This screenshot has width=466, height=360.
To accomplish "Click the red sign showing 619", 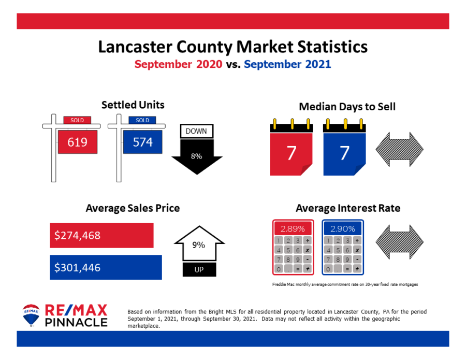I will (78, 142).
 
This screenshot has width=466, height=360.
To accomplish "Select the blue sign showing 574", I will (142, 142).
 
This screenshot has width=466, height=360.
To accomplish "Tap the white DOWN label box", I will (196, 132).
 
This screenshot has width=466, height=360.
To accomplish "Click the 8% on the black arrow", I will (196, 156).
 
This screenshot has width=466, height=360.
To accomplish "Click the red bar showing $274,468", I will (101, 235).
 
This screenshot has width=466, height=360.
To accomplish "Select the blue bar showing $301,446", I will (106, 267).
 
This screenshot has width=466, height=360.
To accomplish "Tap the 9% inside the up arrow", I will (199, 244).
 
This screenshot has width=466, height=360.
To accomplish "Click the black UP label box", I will (199, 270).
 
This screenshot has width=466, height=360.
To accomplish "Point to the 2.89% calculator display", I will (293, 228).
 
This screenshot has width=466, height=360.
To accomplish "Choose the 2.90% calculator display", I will (343, 228).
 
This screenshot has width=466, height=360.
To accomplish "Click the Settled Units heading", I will (133, 105).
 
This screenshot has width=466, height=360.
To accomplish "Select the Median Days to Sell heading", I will (347, 107).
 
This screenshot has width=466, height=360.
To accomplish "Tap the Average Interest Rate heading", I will (348, 208).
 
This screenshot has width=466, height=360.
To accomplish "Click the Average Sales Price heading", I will (133, 208).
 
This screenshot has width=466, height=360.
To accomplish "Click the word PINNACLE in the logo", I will (76, 322).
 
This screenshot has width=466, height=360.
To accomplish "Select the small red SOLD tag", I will (77, 120).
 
